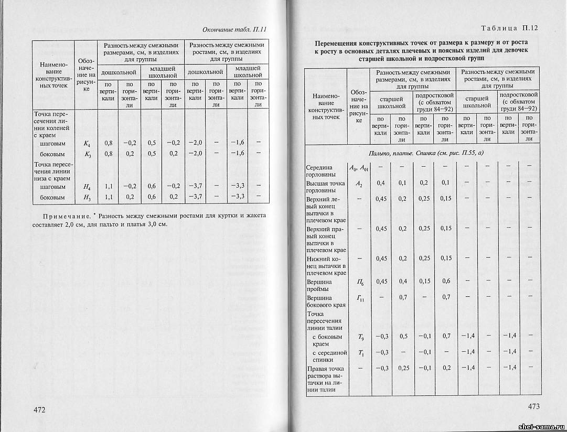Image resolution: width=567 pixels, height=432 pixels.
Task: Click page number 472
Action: pos(40,409)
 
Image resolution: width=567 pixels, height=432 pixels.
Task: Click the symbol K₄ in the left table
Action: pos(87,143)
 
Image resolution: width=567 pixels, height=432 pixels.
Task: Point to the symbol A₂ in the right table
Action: pos(359,183)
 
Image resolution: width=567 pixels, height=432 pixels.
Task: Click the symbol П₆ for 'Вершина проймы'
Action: pos(360,282)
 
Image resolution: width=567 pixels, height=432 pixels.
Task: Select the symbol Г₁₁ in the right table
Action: pos(360,298)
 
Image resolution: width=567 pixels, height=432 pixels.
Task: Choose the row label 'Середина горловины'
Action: pos(324,171)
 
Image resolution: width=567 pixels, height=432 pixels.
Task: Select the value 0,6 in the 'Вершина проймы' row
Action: pos(446,281)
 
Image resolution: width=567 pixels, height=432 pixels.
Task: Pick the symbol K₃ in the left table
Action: pos(87,154)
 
